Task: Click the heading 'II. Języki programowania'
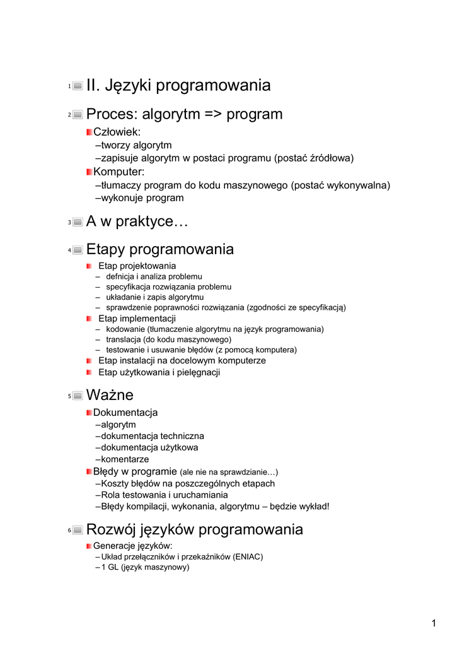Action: [178, 85]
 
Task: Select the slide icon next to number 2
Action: [78, 115]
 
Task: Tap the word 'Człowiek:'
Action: [117, 132]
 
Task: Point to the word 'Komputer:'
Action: [119, 172]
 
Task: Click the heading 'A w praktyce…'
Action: [137, 222]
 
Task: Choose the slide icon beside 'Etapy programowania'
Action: [78, 250]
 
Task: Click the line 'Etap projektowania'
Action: [137, 266]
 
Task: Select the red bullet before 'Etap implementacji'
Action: [90, 319]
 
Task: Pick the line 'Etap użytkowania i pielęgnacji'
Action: [159, 372]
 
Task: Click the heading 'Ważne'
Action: [110, 396]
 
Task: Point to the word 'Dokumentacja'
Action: [125, 413]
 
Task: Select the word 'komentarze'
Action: [125, 459]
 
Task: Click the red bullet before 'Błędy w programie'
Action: [90, 471]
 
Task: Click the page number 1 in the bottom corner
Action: [434, 624]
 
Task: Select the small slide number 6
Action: [69, 531]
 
